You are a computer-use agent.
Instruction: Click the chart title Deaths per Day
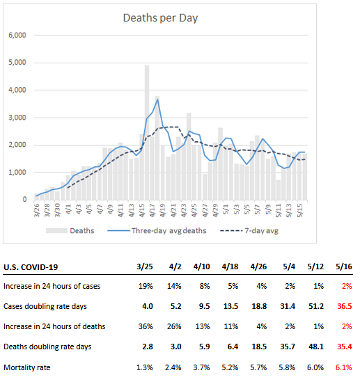[160, 18]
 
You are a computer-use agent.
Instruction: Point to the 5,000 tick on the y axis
[17, 63]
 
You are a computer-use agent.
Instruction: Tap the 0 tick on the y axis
[24, 199]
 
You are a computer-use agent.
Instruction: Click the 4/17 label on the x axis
[152, 210]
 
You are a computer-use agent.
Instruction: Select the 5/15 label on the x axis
[299, 210]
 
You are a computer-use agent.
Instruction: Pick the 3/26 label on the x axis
[37, 210]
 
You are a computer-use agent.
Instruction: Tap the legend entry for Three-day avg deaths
[157, 231]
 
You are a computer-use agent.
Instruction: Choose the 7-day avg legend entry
[249, 231]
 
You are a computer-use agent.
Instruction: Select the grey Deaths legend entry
[70, 231]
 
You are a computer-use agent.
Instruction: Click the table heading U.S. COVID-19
[31, 267]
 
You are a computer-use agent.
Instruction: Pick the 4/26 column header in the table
[258, 266]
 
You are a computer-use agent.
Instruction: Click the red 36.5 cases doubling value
[345, 306]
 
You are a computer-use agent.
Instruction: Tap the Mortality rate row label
[27, 367]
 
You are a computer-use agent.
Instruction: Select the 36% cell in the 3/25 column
[146, 326]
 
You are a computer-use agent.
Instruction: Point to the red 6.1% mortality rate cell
[344, 367]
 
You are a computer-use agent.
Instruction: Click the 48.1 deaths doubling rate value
[316, 347]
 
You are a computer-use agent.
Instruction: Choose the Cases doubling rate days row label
[45, 306]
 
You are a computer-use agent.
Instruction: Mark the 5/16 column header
[344, 266]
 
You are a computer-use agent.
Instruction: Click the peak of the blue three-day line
[157, 100]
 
